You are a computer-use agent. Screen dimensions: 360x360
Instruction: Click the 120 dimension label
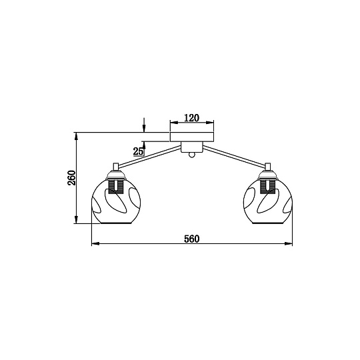(x=192, y=118)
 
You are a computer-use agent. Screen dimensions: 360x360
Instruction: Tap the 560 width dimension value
(x=192, y=239)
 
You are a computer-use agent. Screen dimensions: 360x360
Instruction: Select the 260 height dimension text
(x=71, y=178)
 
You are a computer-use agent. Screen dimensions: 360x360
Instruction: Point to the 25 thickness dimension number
(x=139, y=151)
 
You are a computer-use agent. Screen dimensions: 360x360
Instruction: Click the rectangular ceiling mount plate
(x=192, y=137)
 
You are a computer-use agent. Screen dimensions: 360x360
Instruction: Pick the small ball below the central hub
(x=192, y=155)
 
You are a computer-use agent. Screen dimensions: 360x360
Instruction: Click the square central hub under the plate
(x=192, y=147)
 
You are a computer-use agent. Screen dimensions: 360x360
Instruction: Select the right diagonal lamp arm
(x=234, y=156)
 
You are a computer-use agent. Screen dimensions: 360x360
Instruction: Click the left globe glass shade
(x=116, y=201)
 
